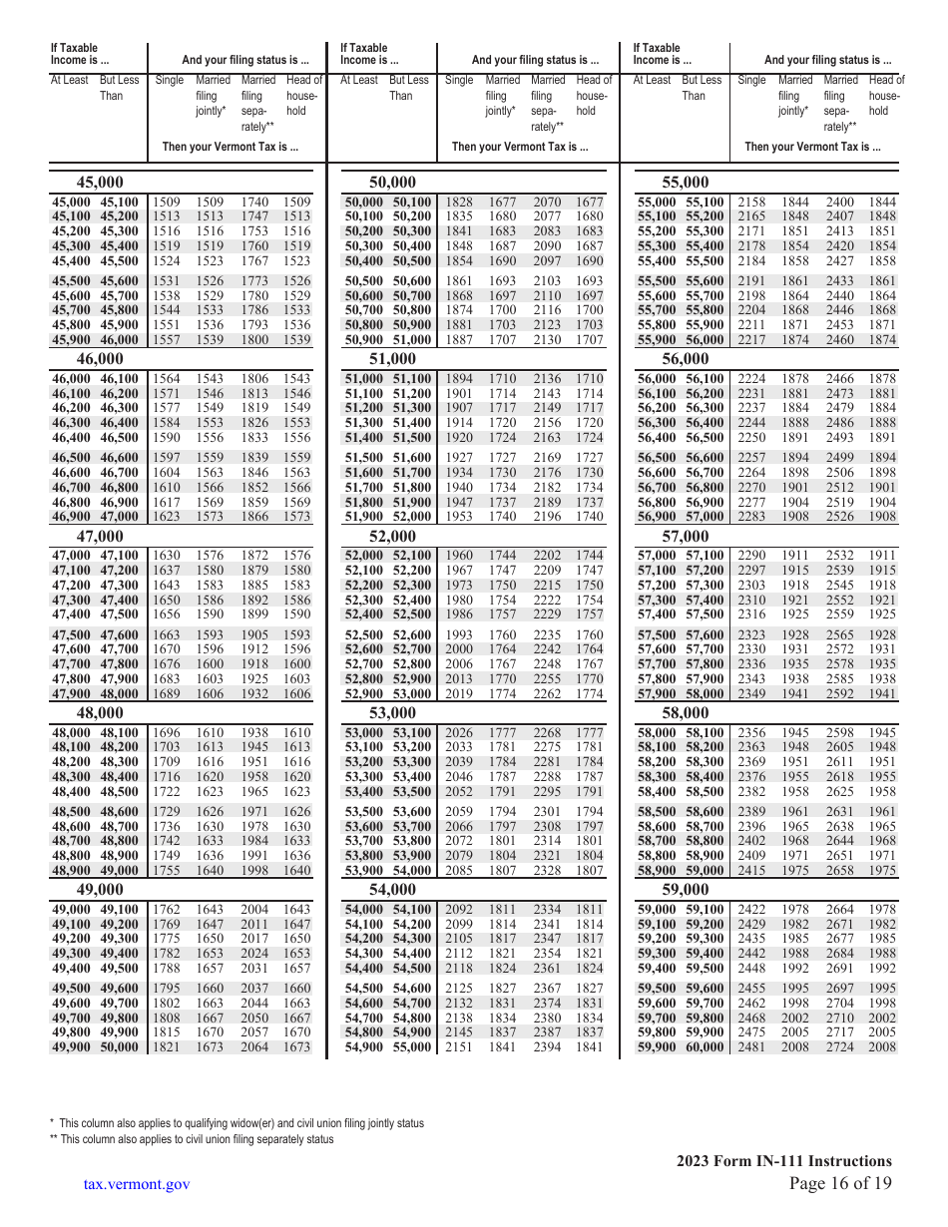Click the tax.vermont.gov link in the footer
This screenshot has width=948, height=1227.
click(x=137, y=1183)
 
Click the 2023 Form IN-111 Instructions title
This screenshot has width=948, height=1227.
click(x=783, y=1160)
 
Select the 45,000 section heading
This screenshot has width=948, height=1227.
click(x=100, y=183)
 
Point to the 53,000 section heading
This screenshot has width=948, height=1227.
click(x=392, y=713)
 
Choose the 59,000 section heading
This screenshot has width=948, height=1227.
click(x=686, y=890)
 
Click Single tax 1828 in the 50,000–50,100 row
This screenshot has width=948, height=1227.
click(x=459, y=203)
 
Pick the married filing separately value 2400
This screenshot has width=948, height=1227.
click(x=840, y=203)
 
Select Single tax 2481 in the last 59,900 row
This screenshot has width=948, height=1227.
click(x=751, y=1047)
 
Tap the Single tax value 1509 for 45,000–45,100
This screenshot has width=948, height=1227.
click(x=167, y=203)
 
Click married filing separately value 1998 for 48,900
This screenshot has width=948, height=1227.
click(x=254, y=871)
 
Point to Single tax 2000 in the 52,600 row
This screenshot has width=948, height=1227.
click(x=459, y=649)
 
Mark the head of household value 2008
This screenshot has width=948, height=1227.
click(x=882, y=1047)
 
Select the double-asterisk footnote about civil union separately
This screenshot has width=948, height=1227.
click(x=195, y=1139)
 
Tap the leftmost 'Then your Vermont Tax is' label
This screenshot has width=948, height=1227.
click(x=230, y=147)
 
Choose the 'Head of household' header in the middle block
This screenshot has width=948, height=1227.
click(x=594, y=96)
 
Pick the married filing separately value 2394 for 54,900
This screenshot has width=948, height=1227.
click(x=547, y=1047)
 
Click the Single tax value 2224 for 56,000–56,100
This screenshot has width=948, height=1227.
click(x=751, y=379)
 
